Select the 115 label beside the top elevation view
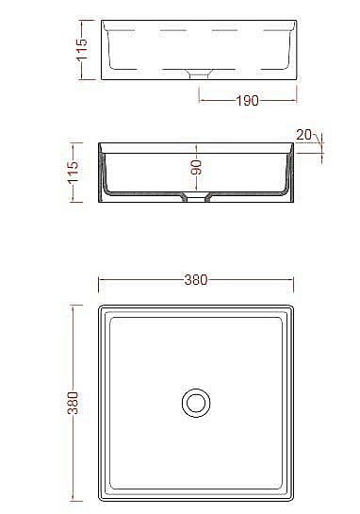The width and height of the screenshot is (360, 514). [x=82, y=48]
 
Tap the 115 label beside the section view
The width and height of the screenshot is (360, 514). [x=74, y=172]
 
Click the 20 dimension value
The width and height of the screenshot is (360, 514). [x=303, y=135]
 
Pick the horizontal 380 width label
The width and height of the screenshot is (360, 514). [x=196, y=280]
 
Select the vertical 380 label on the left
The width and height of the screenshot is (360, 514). [x=74, y=403]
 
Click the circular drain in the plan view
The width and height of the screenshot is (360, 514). [x=197, y=403]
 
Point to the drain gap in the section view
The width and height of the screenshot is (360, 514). [x=197, y=199]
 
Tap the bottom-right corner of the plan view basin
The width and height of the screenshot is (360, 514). [x=293, y=501]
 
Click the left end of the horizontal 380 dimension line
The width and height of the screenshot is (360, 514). [x=99, y=280]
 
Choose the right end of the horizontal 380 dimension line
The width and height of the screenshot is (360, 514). [x=294, y=280]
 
